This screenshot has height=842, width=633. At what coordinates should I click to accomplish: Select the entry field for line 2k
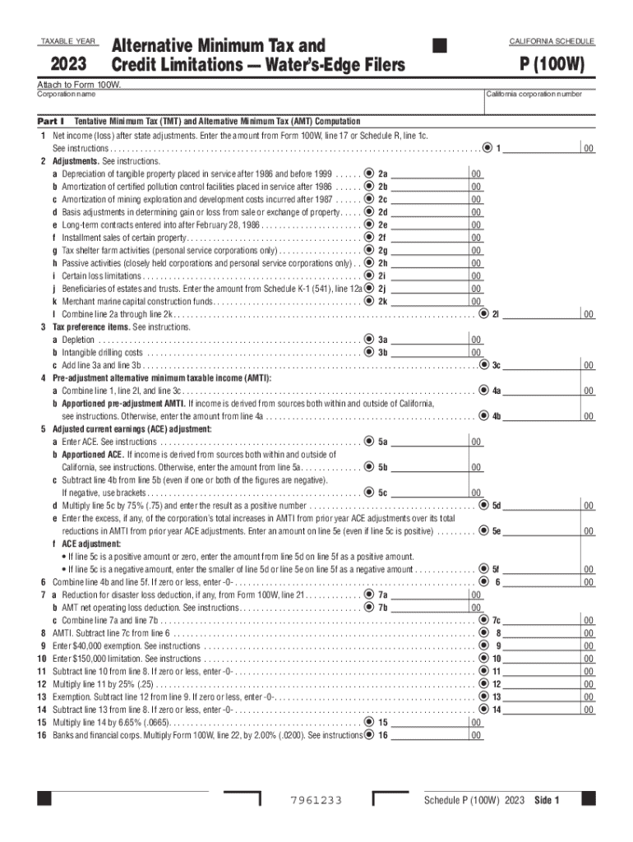point(429,302)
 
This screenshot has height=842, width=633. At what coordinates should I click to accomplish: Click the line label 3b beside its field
point(382,353)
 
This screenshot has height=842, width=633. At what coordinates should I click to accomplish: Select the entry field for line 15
point(429,722)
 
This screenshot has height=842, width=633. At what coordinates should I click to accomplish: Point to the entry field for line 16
point(429,735)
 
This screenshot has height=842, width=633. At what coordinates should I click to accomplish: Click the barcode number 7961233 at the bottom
point(316,801)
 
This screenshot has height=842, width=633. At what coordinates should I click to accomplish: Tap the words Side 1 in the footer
point(547,801)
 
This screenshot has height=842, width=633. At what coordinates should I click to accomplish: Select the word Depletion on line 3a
point(78,340)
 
